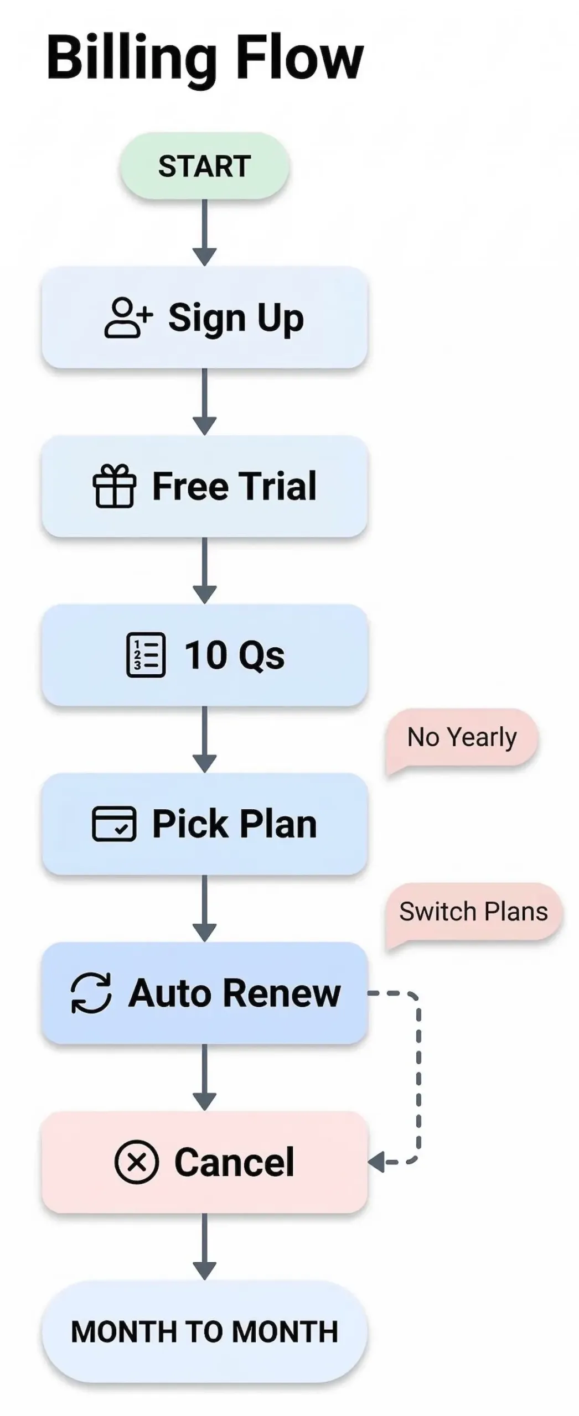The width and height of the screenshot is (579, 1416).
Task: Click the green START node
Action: pyautogui.click(x=204, y=166)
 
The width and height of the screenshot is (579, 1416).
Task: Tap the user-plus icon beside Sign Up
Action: pyautogui.click(x=127, y=317)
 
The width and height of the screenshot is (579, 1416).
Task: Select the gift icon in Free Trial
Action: pyautogui.click(x=114, y=486)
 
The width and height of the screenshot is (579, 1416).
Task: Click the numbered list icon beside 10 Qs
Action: pyautogui.click(x=146, y=655)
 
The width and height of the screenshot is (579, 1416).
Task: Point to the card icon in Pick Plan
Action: pyautogui.click(x=113, y=824)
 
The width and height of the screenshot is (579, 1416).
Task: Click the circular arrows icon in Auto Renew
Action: pyautogui.click(x=91, y=993)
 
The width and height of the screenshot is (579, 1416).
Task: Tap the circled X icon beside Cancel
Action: pyautogui.click(x=136, y=1162)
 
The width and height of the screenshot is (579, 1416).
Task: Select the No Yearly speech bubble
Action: pyautogui.click(x=462, y=737)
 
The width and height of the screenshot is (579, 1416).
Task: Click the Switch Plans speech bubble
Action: pyautogui.click(x=473, y=911)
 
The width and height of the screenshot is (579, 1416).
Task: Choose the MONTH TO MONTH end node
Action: pyautogui.click(x=204, y=1331)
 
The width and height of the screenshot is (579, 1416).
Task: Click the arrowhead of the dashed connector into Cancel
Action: pyautogui.click(x=377, y=1162)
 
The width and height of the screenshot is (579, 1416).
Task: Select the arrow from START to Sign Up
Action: pyautogui.click(x=204, y=232)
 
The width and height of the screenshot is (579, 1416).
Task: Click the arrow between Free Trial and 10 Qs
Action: pyautogui.click(x=204, y=570)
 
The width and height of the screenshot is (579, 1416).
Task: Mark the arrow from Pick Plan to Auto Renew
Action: pyautogui.click(x=204, y=908)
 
